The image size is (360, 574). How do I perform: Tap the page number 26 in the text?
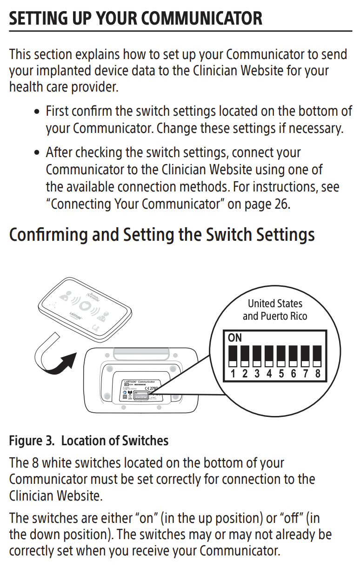[x=281, y=205]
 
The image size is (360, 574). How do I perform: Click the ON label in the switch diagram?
[x=235, y=338]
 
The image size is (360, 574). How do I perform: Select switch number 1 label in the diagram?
[x=233, y=374]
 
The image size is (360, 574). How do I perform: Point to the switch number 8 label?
[x=318, y=374]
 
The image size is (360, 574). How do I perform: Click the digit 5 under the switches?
[x=281, y=374]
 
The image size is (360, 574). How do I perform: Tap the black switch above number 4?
[x=269, y=356]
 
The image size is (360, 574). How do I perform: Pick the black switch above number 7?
[x=306, y=356]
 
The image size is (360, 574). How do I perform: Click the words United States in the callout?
[x=275, y=303]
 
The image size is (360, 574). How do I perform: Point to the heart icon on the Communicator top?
[x=84, y=306]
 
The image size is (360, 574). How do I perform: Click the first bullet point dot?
[x=38, y=112]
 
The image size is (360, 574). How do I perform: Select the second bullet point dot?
[x=38, y=153]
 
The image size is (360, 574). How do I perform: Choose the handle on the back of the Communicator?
[x=142, y=354]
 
